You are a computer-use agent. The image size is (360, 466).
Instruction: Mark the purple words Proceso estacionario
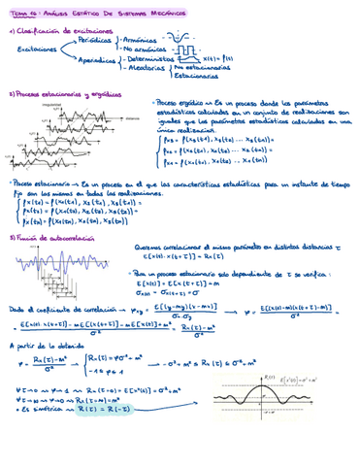[40, 182]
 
